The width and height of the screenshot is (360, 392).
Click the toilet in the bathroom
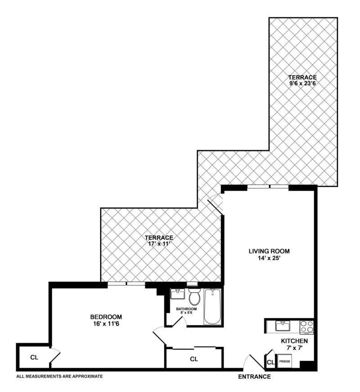pyautogui.click(x=194, y=297)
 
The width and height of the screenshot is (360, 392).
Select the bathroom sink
pyautogui.click(x=178, y=295)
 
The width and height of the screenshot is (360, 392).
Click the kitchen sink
pyautogui.click(x=283, y=325)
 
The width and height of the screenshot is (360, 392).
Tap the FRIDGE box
pyautogui.click(x=284, y=361)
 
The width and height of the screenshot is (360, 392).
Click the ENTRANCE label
pyautogui.click(x=254, y=377)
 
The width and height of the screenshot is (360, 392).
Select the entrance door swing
pyautogui.click(x=251, y=361)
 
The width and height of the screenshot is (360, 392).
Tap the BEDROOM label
pyautogui.click(x=106, y=316)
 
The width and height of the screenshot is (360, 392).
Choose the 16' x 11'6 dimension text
pyautogui.click(x=106, y=323)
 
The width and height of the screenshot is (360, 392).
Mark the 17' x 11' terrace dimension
pyautogui.click(x=159, y=244)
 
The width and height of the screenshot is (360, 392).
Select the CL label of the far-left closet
pyautogui.click(x=34, y=358)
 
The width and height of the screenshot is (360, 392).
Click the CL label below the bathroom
pyautogui.click(x=194, y=359)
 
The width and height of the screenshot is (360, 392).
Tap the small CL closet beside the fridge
pyautogui.click(x=270, y=362)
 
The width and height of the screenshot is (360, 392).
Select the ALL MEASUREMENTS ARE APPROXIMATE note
pyautogui.click(x=59, y=376)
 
